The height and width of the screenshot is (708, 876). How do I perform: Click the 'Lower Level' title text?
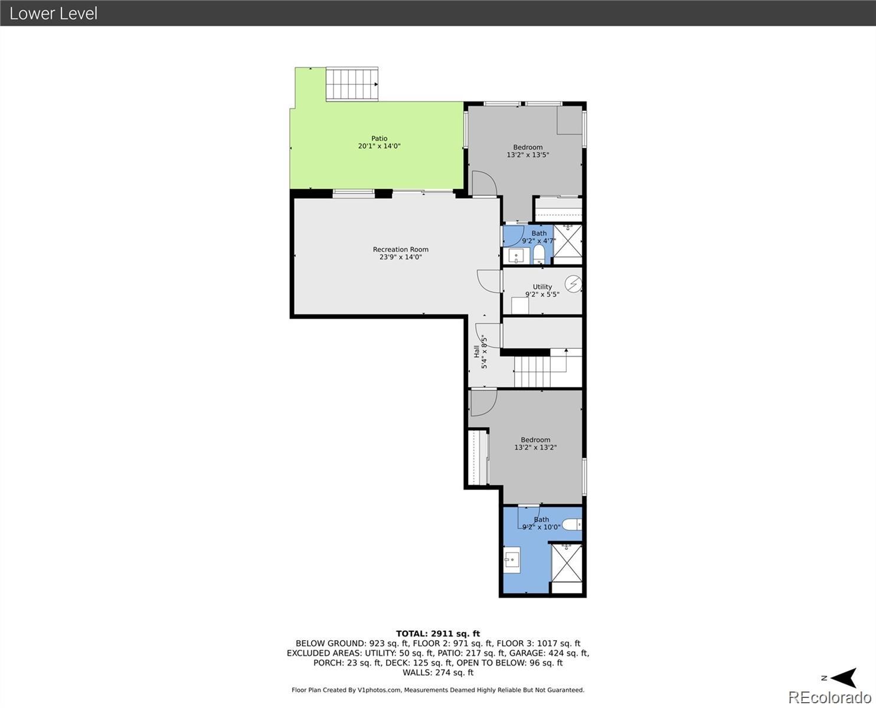53,13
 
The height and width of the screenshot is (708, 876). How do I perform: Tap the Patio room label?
379,142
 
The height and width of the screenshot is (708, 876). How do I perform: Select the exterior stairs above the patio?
352,84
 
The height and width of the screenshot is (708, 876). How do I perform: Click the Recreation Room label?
400,253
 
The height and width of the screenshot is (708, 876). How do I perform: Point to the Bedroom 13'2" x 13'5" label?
528,151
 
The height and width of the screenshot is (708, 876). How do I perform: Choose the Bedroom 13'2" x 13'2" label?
535,444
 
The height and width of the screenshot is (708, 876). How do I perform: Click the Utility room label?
542,290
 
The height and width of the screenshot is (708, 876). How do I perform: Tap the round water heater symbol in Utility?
573,284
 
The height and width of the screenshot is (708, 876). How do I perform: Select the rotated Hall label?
480,352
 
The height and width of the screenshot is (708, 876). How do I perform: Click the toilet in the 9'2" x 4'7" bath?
538,254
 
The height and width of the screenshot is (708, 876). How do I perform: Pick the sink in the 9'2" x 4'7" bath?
517,255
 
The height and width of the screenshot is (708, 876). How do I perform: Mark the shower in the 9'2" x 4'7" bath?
567,244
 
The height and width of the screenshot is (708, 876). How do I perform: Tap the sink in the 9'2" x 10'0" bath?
512,559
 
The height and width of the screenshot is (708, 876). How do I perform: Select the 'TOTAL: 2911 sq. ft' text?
437,634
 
